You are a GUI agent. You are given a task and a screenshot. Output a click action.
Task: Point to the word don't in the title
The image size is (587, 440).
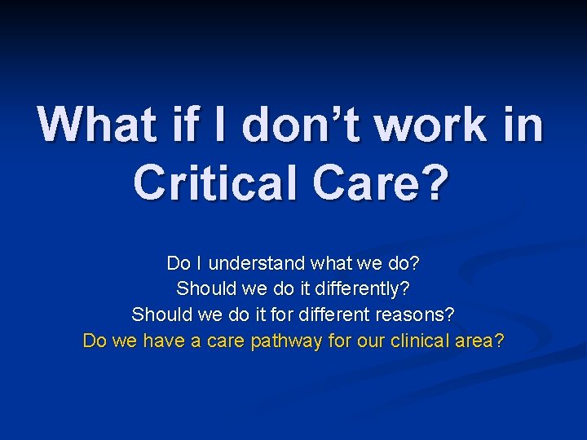(294, 125)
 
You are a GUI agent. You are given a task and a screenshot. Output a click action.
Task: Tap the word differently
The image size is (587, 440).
(360, 288)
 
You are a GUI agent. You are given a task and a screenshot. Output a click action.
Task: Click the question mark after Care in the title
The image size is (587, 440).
(433, 182)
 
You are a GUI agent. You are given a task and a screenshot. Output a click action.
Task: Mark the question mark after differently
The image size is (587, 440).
(406, 288)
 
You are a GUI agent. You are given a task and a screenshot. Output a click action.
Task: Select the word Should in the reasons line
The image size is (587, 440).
(159, 314)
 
